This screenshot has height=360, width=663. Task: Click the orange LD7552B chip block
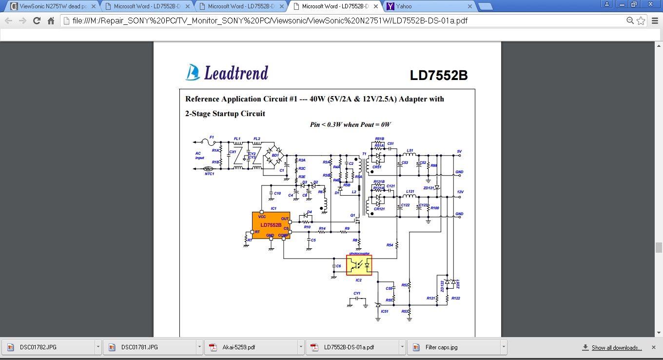(271, 225)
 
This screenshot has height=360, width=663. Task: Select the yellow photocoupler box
(359, 265)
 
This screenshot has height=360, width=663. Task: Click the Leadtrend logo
(227, 72)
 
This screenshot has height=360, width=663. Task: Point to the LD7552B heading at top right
(438, 76)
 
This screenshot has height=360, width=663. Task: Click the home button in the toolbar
(51, 21)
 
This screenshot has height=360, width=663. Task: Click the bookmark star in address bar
(641, 21)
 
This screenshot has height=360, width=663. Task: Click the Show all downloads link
(616, 348)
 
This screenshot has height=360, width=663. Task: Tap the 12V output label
(459, 192)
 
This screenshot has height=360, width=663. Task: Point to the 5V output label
(459, 151)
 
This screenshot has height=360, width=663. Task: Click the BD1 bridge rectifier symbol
(275, 155)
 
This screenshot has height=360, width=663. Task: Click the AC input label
(199, 156)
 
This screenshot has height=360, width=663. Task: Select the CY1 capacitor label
(357, 294)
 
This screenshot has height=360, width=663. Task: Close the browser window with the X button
(650, 4)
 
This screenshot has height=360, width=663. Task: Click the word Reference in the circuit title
(202, 99)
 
